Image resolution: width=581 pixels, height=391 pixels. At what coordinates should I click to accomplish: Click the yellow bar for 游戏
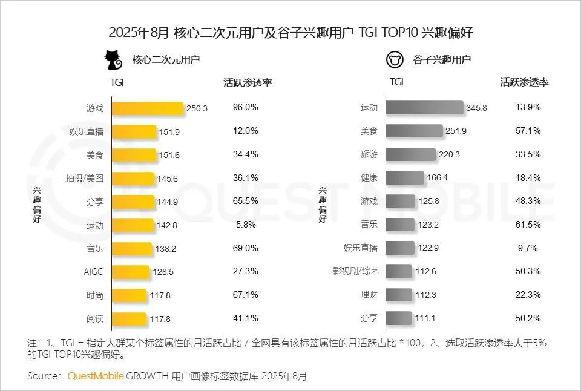tap(148, 108)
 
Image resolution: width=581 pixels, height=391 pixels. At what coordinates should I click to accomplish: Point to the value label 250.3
tap(197, 108)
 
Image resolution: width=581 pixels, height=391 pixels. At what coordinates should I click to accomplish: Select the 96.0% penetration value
tap(245, 107)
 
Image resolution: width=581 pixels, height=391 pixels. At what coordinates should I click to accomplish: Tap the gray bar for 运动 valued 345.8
tap(424, 108)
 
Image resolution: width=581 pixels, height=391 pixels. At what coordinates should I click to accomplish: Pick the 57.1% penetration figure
tap(528, 131)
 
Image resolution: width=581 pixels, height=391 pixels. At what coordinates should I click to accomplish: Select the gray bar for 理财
tap(399, 295)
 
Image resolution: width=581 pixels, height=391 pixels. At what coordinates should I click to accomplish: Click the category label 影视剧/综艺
tap(361, 272)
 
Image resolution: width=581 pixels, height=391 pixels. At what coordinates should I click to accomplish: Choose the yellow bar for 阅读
tap(130, 318)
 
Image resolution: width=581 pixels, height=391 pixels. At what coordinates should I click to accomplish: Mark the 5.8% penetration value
tap(245, 225)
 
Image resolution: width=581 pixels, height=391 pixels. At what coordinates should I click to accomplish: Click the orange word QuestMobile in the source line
tap(96, 376)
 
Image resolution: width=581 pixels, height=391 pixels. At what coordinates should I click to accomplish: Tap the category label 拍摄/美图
tap(85, 178)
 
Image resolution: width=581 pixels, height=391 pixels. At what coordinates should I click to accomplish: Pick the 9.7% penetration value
tap(528, 248)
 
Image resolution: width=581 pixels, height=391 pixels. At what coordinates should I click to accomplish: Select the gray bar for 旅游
tap(410, 154)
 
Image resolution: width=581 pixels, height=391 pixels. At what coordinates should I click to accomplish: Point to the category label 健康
tap(369, 178)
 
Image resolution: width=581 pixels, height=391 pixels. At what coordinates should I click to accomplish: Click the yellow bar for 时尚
tap(130, 295)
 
